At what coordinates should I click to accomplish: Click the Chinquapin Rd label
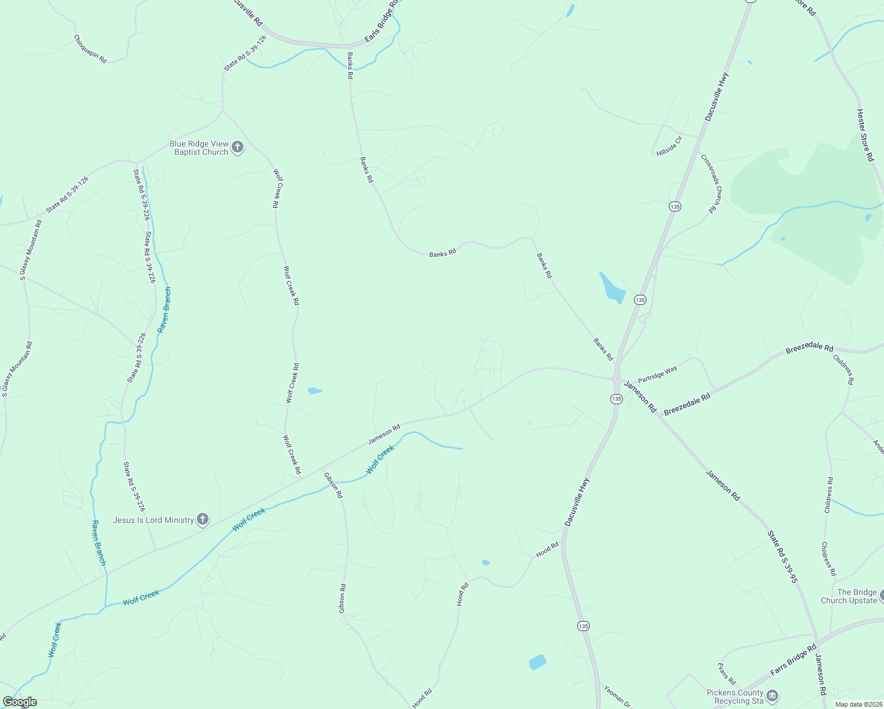[x=90, y=49]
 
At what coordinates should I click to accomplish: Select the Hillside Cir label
[x=669, y=146]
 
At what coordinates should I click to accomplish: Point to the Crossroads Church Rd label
[x=711, y=183]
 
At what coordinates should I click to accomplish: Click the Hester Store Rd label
[x=865, y=135]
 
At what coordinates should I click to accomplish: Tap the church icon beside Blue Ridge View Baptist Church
[x=238, y=148]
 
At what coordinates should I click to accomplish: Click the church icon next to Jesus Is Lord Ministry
[x=203, y=520]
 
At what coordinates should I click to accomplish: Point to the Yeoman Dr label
[x=615, y=696]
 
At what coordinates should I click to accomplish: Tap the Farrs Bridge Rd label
[x=793, y=660]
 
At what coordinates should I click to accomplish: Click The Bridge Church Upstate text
[x=849, y=596]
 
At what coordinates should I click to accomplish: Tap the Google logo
[x=20, y=702]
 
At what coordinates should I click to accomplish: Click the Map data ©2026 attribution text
[x=858, y=704]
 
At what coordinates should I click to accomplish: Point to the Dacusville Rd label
[x=249, y=12]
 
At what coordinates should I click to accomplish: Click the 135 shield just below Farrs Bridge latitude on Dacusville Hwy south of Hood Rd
[x=583, y=626]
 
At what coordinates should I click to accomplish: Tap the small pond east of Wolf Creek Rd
[x=314, y=391]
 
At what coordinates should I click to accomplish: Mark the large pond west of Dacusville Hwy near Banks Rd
[x=612, y=288]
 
